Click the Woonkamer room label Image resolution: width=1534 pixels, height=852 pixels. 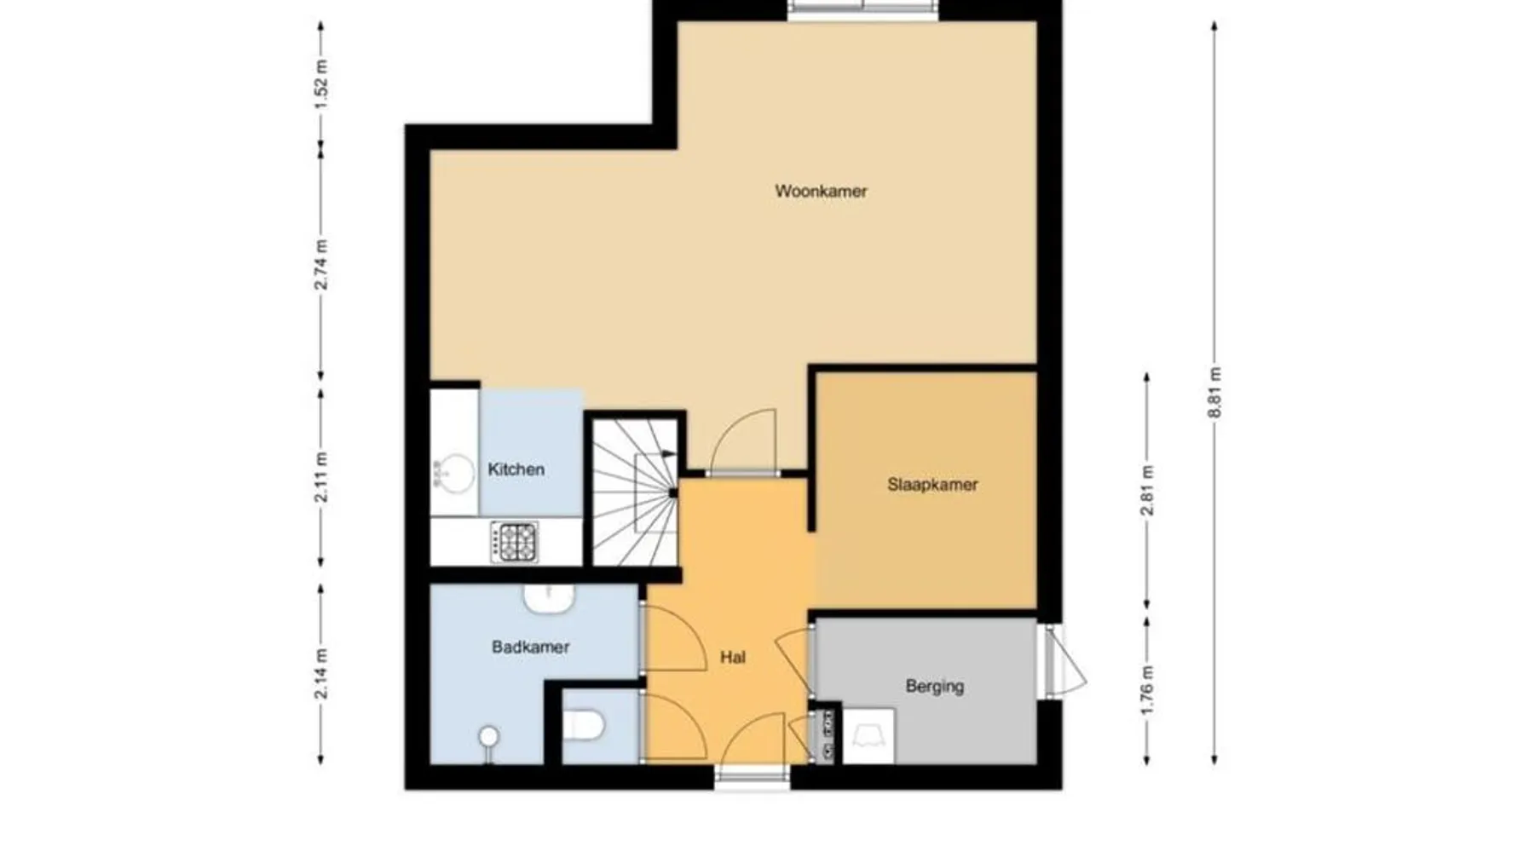point(821,191)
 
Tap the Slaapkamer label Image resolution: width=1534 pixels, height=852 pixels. point(932,485)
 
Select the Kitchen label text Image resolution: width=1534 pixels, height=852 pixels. point(516,469)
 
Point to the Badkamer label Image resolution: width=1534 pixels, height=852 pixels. point(530,648)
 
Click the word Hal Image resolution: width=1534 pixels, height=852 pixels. point(733,657)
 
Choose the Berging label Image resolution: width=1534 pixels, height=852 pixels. point(935,686)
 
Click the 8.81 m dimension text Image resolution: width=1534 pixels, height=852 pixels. point(1214,392)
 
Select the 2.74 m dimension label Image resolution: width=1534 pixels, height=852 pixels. point(321,265)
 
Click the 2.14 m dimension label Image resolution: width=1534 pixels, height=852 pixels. point(321,673)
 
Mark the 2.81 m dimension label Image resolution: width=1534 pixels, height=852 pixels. point(1147,491)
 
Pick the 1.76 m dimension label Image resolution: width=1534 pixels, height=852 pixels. point(1147,690)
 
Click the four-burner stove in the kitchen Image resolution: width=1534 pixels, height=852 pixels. point(514,542)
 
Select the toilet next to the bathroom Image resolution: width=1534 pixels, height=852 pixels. point(585,726)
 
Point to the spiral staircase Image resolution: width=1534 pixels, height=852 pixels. point(636,492)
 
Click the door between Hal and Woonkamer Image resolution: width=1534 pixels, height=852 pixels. point(743,443)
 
